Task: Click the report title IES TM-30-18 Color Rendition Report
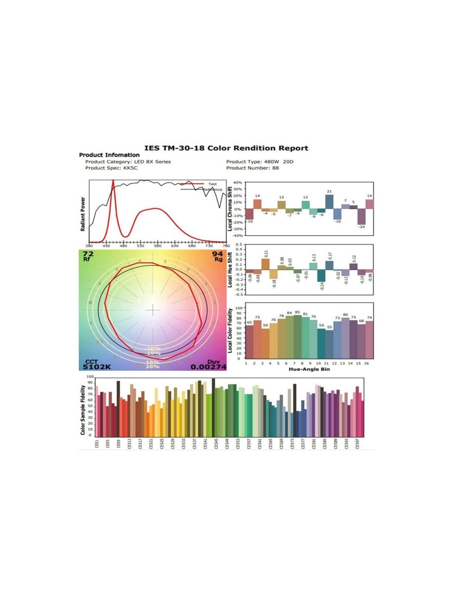point(226,148)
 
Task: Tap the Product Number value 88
point(275,168)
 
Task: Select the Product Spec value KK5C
point(130,168)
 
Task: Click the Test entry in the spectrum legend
point(212,184)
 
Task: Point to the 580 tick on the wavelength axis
point(157,246)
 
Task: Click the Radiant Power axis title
point(83,214)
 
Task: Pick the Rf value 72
point(88,254)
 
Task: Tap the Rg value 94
point(217,254)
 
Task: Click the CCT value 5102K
point(97,367)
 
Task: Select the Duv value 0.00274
point(209,367)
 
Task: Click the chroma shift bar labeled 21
point(329,202)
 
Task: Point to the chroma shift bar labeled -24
point(361,217)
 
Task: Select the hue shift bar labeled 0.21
point(265,264)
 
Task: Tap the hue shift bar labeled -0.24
point(321,276)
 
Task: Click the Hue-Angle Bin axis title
point(309,369)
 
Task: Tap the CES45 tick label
point(216,444)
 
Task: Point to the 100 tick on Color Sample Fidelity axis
point(90,377)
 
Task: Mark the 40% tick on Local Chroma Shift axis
point(237,182)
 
